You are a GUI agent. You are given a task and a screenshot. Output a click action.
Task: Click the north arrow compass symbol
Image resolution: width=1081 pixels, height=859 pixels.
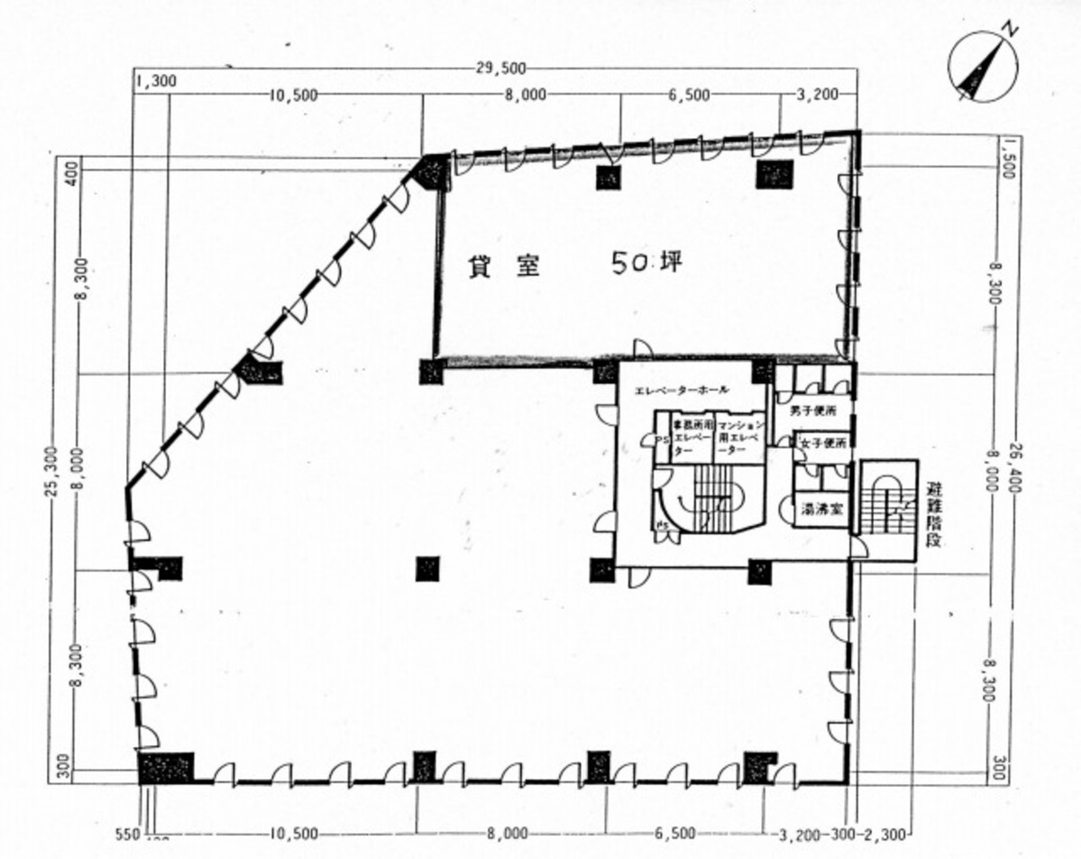(982, 66)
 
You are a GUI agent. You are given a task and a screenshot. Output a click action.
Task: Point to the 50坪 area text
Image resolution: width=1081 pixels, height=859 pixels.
(646, 263)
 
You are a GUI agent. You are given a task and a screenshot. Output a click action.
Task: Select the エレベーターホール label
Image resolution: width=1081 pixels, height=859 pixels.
(682, 391)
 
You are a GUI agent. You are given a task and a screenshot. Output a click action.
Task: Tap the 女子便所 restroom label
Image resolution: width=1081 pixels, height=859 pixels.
(823, 444)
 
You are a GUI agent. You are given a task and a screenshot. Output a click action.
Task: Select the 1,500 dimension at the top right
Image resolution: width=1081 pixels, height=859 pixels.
(1010, 157)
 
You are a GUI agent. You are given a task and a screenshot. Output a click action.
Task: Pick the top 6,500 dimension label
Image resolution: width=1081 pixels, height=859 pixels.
(688, 94)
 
